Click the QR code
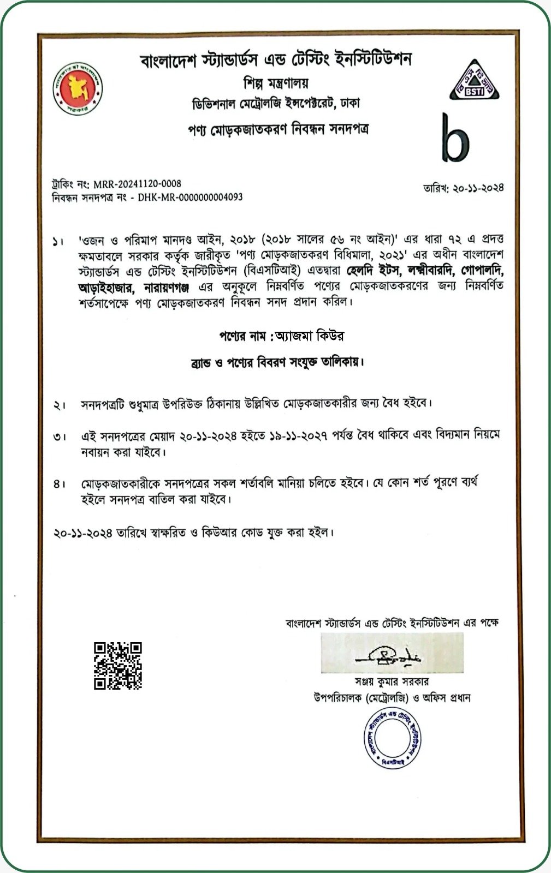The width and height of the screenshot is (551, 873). pos(118,666)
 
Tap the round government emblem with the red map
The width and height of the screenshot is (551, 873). pos(78,89)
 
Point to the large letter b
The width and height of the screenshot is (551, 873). pos(455,139)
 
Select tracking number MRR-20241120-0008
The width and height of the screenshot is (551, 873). pos(137,184)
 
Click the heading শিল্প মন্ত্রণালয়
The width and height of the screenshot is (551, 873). pos(276,83)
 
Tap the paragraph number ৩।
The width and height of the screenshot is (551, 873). pos(60,437)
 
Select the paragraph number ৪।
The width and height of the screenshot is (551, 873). pos(60,484)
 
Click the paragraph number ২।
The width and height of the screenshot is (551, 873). pos(60,405)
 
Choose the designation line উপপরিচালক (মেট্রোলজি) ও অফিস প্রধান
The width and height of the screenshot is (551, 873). pos(392,698)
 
